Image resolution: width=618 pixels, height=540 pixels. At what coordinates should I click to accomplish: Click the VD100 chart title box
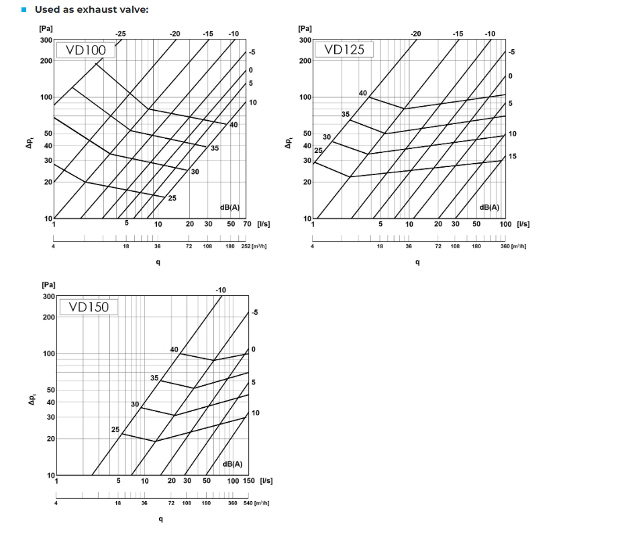pyautogui.click(x=86, y=50)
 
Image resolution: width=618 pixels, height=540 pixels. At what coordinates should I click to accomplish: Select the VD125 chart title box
pyautogui.click(x=344, y=50)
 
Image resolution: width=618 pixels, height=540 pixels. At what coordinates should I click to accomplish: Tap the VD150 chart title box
pyautogui.click(x=89, y=307)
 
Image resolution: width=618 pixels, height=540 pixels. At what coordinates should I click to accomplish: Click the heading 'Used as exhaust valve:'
pyautogui.click(x=91, y=9)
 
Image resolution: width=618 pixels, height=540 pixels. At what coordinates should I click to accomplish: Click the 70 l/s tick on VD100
pyautogui.click(x=246, y=224)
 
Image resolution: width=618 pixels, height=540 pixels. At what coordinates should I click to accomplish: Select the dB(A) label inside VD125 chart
pyautogui.click(x=490, y=207)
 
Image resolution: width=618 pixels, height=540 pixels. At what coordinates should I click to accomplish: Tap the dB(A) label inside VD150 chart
pyautogui.click(x=232, y=464)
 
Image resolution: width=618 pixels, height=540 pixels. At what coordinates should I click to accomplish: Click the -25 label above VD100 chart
pyautogui.click(x=120, y=33)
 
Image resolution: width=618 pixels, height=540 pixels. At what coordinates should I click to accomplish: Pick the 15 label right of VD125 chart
pyautogui.click(x=513, y=156)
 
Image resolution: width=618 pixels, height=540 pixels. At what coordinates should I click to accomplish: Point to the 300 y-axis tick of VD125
pyautogui.click(x=305, y=40)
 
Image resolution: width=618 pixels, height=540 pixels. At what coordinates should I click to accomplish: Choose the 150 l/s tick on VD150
pyautogui.click(x=248, y=481)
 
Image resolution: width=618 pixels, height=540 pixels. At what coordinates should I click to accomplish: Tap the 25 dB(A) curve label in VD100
pyautogui.click(x=172, y=198)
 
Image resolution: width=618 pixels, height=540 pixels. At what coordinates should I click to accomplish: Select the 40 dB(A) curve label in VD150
pyautogui.click(x=174, y=349)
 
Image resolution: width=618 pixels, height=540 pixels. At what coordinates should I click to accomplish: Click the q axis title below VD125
pyautogui.click(x=417, y=262)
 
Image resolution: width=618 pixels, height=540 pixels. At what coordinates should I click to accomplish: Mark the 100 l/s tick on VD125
pyautogui.click(x=505, y=224)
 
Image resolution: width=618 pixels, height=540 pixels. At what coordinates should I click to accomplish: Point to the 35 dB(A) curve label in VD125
pyautogui.click(x=346, y=115)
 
